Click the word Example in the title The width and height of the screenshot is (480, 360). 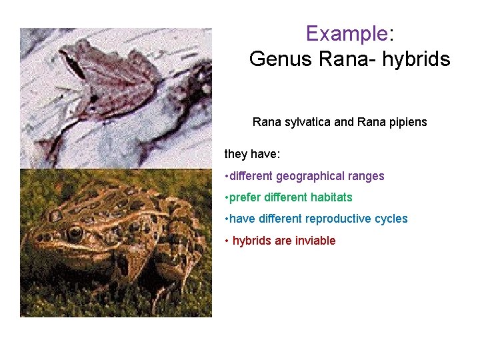[346, 33]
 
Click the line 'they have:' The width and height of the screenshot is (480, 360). [252, 154]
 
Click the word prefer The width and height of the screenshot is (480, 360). [247, 197]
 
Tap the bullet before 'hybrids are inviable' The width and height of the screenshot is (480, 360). [227, 240]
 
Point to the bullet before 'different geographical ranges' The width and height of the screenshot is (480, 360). [227, 176]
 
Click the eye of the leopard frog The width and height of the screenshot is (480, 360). [75, 233]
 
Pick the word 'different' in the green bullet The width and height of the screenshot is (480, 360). [287, 197]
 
